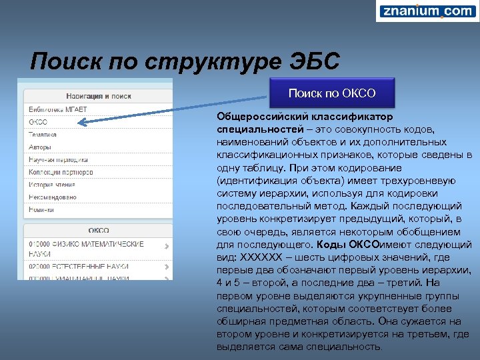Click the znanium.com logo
pos(427,11)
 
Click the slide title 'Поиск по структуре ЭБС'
pos(185,61)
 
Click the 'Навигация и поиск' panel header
pos(98,96)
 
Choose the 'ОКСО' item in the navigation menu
pos(38,122)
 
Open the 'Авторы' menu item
pos(40,147)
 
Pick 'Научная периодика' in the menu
pos(58,160)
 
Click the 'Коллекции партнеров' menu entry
pos(60,173)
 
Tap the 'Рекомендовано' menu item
pos(52,197)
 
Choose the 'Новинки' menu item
pos(41,210)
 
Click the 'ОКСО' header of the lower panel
pos(98,230)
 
